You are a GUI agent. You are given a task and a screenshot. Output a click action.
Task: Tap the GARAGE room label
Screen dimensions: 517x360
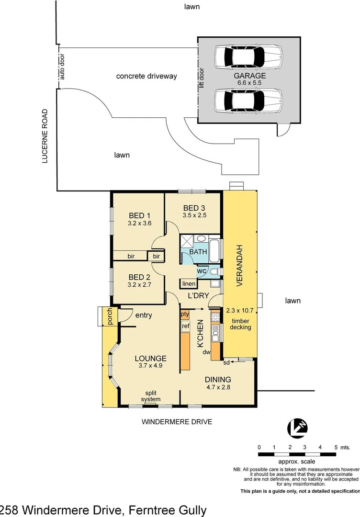point(249,76)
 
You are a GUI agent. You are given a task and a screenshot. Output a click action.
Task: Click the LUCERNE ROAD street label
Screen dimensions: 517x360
point(45,136)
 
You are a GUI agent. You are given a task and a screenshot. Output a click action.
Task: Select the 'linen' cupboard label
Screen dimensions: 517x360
point(188,284)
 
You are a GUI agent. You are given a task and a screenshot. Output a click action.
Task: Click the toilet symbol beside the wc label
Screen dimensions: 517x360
point(214,272)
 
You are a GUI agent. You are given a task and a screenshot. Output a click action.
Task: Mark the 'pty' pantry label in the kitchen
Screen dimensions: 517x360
point(185,315)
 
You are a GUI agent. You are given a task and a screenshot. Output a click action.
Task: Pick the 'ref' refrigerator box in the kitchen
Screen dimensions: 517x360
point(185,326)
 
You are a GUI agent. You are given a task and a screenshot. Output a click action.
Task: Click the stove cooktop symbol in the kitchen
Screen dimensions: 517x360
point(215,317)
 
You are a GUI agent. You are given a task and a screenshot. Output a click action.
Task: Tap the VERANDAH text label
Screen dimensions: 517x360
point(241,265)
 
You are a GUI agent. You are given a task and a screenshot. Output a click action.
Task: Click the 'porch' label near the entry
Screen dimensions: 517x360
point(110,316)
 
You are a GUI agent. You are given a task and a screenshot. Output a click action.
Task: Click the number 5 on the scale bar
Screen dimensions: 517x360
point(336,447)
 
